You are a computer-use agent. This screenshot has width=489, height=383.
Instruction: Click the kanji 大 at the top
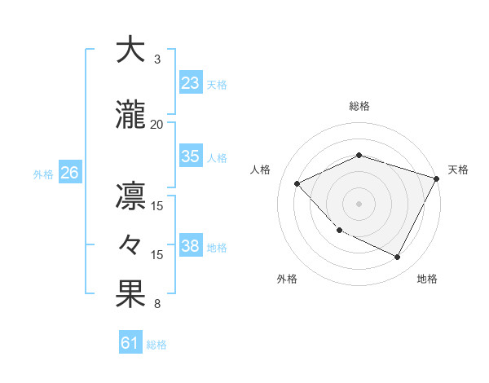coord(130,51)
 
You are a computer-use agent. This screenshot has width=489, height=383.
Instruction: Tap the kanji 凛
coord(130,197)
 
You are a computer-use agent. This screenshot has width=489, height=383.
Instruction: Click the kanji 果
coord(130,295)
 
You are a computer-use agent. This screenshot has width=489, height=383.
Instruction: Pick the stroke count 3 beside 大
coord(157,59)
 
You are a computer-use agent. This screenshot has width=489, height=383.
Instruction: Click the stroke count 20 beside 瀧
coord(157,125)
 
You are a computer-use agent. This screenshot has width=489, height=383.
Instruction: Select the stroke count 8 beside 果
coord(157,305)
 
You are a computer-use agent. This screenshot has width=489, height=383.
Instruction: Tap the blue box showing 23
coord(190,83)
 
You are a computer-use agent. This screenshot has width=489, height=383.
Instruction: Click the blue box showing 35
coord(190,156)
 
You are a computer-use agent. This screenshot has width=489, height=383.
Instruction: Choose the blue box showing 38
coord(190,246)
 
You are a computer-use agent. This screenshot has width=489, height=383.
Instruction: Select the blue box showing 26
coord(69,173)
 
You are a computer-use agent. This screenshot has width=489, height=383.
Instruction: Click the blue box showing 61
coord(130,343)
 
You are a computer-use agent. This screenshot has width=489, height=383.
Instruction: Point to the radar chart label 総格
coord(359,106)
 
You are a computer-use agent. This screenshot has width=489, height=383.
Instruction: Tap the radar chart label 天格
coord(458,169)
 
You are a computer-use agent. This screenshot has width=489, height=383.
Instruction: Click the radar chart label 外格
coord(287,279)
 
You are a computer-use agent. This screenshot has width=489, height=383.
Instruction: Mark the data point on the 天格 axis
coord(437,178)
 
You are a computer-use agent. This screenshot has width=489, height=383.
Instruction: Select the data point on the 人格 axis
coord(297,183)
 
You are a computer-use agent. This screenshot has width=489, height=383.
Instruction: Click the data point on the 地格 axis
coord(397,258)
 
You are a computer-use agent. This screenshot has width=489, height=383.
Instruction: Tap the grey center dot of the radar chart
coord(359,203)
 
